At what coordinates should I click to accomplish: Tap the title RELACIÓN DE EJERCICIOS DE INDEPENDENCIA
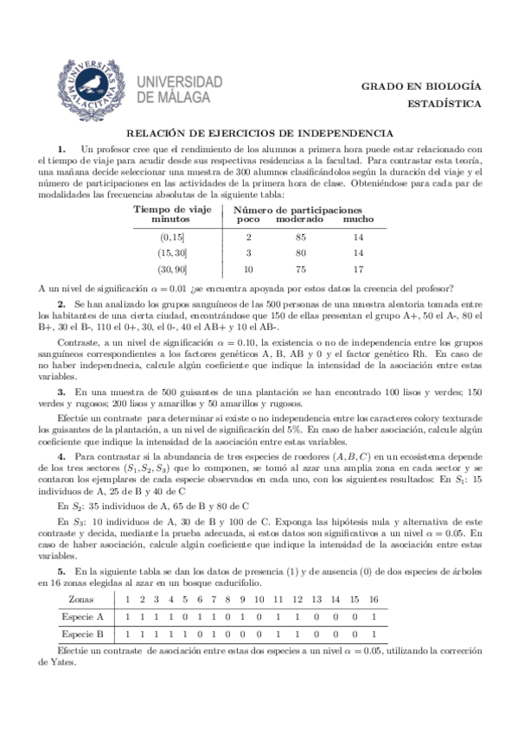coord(260,133)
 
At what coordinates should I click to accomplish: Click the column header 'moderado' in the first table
coord(299,220)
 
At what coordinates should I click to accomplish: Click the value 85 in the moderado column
coord(300,236)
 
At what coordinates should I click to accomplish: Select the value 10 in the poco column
coord(248,269)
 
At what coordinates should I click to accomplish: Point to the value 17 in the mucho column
coord(358,269)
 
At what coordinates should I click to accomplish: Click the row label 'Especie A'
coord(82,616)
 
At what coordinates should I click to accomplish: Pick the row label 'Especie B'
coord(82,634)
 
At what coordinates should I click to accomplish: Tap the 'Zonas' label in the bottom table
coord(81,598)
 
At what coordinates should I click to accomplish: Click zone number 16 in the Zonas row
coord(373,598)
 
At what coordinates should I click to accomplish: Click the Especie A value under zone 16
coord(373,616)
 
